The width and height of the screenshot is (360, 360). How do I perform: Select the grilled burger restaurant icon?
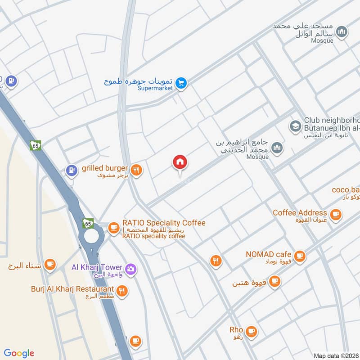coord(137,170)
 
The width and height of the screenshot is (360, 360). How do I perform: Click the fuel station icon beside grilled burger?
coord(71,170)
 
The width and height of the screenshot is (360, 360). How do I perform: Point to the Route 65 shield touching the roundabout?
coord(88,223)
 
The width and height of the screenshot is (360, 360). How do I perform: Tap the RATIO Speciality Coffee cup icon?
coord(113,226)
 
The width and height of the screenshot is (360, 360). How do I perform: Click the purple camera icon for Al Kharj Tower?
coord(130,269)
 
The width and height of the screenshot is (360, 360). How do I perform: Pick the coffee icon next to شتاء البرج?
coord(50,265)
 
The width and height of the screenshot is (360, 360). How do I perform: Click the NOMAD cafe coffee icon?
coord(300,256)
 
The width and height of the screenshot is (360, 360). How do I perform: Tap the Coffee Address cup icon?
coord(335,215)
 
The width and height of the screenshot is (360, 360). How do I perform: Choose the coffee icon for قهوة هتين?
coord(274,282)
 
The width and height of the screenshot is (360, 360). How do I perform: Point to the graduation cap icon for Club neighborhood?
coord(295,126)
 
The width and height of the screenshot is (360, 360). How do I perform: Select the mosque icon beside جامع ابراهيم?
coord(278,147)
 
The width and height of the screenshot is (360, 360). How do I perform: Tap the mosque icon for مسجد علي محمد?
coord(342,31)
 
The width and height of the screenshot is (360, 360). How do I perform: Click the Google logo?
coord(19,353)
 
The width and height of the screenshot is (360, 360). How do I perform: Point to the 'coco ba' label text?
coord(346,189)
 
